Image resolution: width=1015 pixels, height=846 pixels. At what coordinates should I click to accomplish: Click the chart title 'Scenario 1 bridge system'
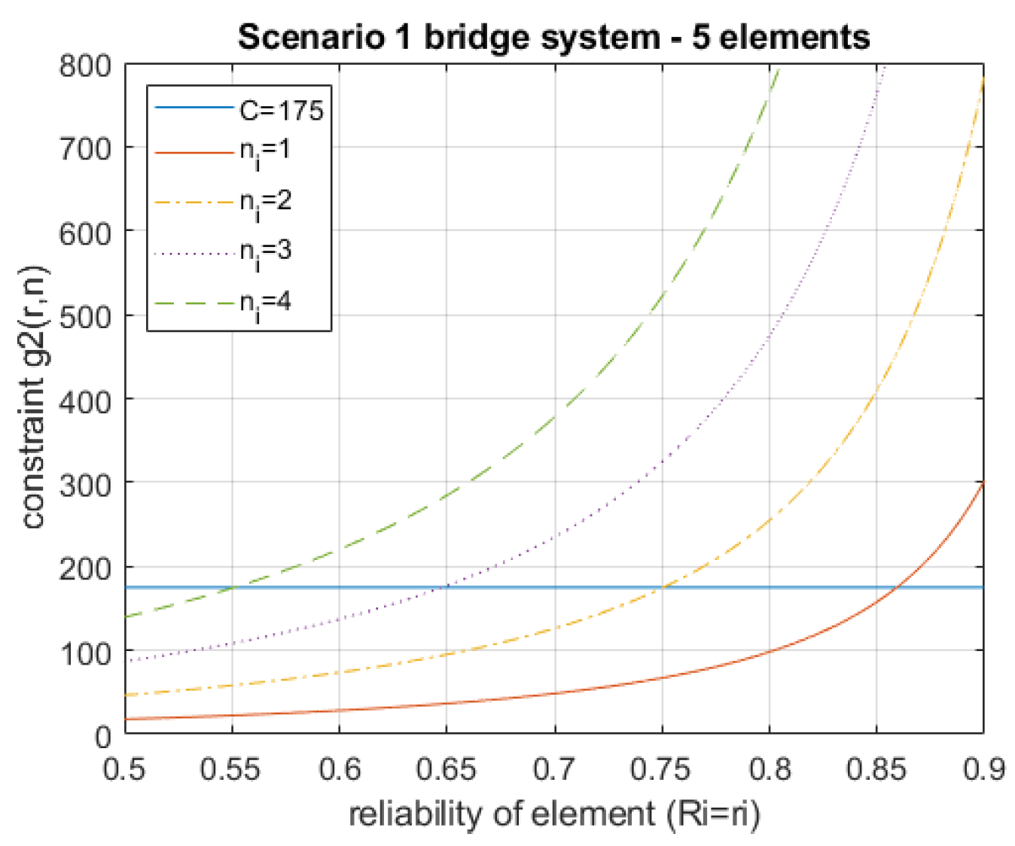tap(554, 36)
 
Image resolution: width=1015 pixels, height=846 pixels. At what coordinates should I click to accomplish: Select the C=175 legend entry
tap(281, 110)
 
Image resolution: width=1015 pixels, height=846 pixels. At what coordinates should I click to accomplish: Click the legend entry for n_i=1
tap(264, 153)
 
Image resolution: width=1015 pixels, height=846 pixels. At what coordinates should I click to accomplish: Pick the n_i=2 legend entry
tap(265, 202)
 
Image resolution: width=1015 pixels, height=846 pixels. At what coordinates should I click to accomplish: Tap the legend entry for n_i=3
tap(265, 252)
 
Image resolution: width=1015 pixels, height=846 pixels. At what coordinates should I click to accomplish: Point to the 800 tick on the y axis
tap(85, 65)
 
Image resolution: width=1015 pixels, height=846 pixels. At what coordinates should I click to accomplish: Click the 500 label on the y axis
tap(85, 316)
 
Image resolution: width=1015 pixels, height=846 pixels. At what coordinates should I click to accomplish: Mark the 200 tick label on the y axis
tap(85, 568)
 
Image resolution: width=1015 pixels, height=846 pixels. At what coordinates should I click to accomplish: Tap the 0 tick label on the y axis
tap(103, 736)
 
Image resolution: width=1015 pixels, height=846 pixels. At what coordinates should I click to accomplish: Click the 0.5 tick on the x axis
tap(124, 769)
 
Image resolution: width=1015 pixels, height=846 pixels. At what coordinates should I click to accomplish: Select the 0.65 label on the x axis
tap(447, 769)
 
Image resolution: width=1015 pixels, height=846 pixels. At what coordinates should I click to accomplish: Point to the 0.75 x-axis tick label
tap(662, 769)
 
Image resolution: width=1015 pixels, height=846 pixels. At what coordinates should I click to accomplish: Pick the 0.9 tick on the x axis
tap(983, 769)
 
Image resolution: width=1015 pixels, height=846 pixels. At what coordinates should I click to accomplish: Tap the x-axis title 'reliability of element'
tap(554, 814)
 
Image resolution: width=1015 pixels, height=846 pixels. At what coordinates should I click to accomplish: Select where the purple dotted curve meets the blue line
tap(447, 587)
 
